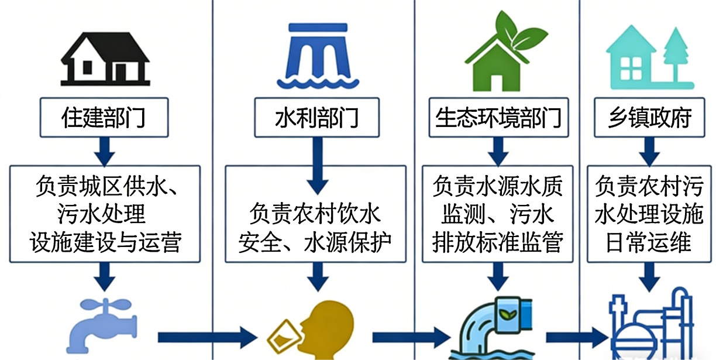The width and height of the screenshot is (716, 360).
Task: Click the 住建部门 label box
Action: [x=104, y=118]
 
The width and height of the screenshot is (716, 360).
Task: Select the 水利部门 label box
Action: [x=316, y=118]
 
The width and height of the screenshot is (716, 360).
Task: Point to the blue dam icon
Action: [x=316, y=56]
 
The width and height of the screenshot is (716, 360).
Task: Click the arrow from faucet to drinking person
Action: [x=208, y=337]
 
